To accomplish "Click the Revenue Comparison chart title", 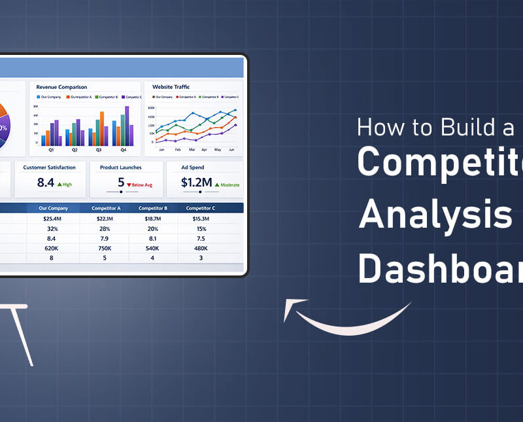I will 61,87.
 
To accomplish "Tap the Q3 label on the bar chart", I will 99,150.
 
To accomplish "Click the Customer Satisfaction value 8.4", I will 46,183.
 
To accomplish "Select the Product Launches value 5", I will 121,183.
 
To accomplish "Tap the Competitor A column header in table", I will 104,208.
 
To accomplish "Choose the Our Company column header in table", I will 53,208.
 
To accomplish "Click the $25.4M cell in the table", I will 53,219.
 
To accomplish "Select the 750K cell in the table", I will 104,249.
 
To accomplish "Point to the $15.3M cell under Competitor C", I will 201,219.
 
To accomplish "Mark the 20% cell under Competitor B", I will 152,229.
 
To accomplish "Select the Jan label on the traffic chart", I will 161,150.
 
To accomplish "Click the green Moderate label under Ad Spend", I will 228,185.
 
